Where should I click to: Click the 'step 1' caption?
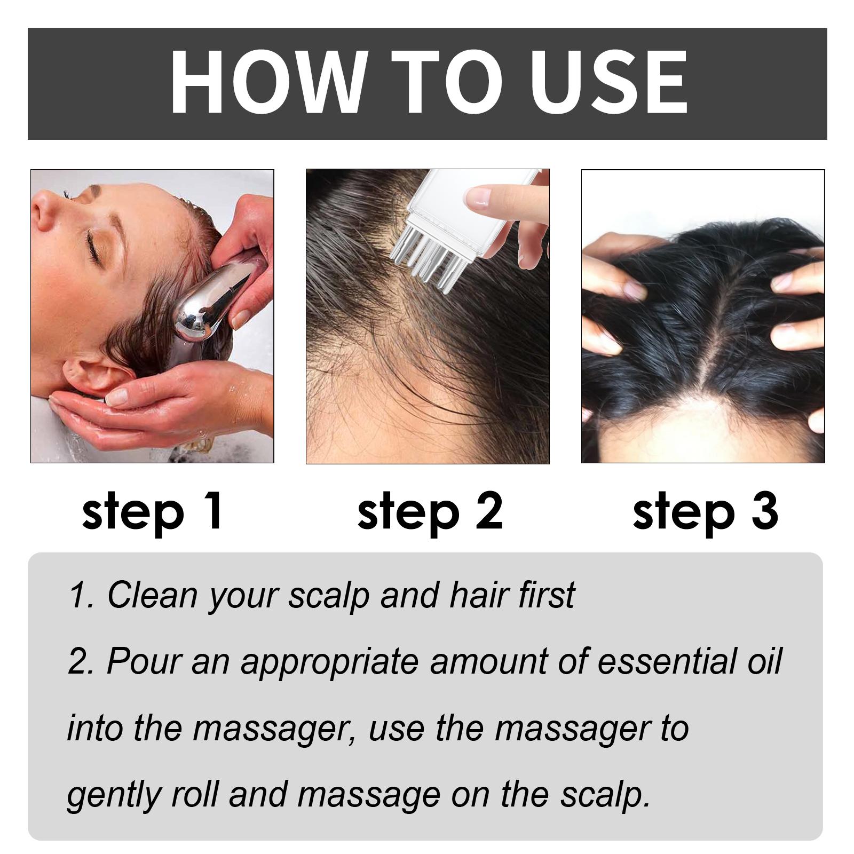(x=152, y=511)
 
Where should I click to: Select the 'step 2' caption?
(x=430, y=511)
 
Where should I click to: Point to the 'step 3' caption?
(x=705, y=511)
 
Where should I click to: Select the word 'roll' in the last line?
(x=195, y=794)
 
